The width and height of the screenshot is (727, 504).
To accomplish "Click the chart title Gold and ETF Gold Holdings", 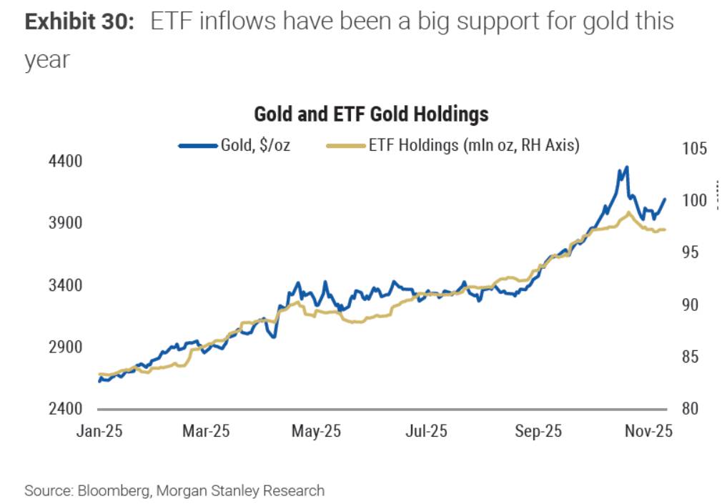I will point(371,114).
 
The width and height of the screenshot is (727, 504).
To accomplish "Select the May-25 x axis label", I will point(317,432).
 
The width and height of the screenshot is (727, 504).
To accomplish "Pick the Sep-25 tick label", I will point(538,432).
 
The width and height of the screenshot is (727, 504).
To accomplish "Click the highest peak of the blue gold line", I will point(626,168).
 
